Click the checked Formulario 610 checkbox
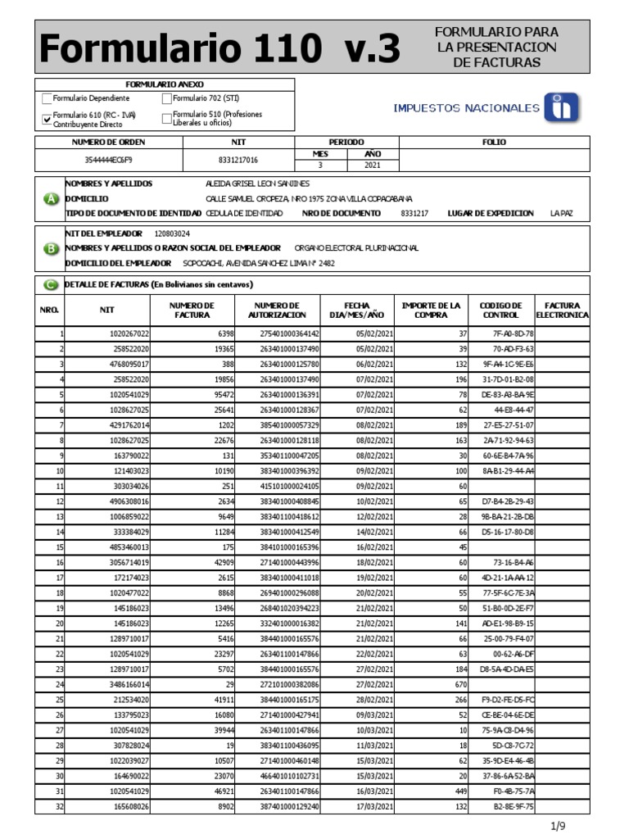[47, 119]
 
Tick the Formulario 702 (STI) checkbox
[167, 99]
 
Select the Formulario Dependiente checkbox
[47, 99]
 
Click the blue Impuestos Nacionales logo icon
[562, 108]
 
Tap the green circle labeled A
[51, 199]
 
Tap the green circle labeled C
[51, 284]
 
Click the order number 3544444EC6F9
[108, 161]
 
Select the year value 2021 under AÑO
[372, 165]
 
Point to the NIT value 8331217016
[238, 161]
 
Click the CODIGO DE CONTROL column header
[500, 310]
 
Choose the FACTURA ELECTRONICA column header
[562, 310]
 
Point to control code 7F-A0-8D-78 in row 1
[513, 334]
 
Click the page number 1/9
[559, 825]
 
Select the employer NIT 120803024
[172, 234]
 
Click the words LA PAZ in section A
[561, 213]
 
